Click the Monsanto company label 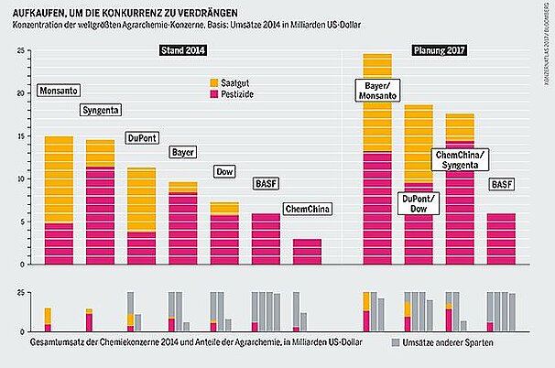tap(58, 92)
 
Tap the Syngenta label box tap(101, 111)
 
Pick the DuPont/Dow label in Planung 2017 tap(420, 203)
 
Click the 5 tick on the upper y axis tap(20, 222)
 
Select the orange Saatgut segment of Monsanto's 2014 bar tap(59, 179)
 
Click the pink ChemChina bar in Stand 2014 tap(307, 252)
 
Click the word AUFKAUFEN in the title tap(47, 10)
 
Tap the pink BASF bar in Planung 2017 tap(501, 239)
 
